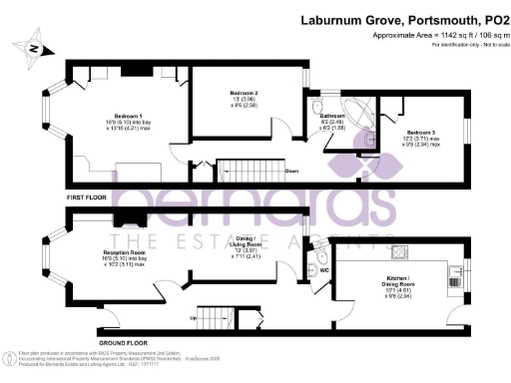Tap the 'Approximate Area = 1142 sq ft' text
413,35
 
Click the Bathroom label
332,116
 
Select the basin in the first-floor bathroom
333,139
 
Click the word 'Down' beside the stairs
292,171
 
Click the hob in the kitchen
399,250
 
